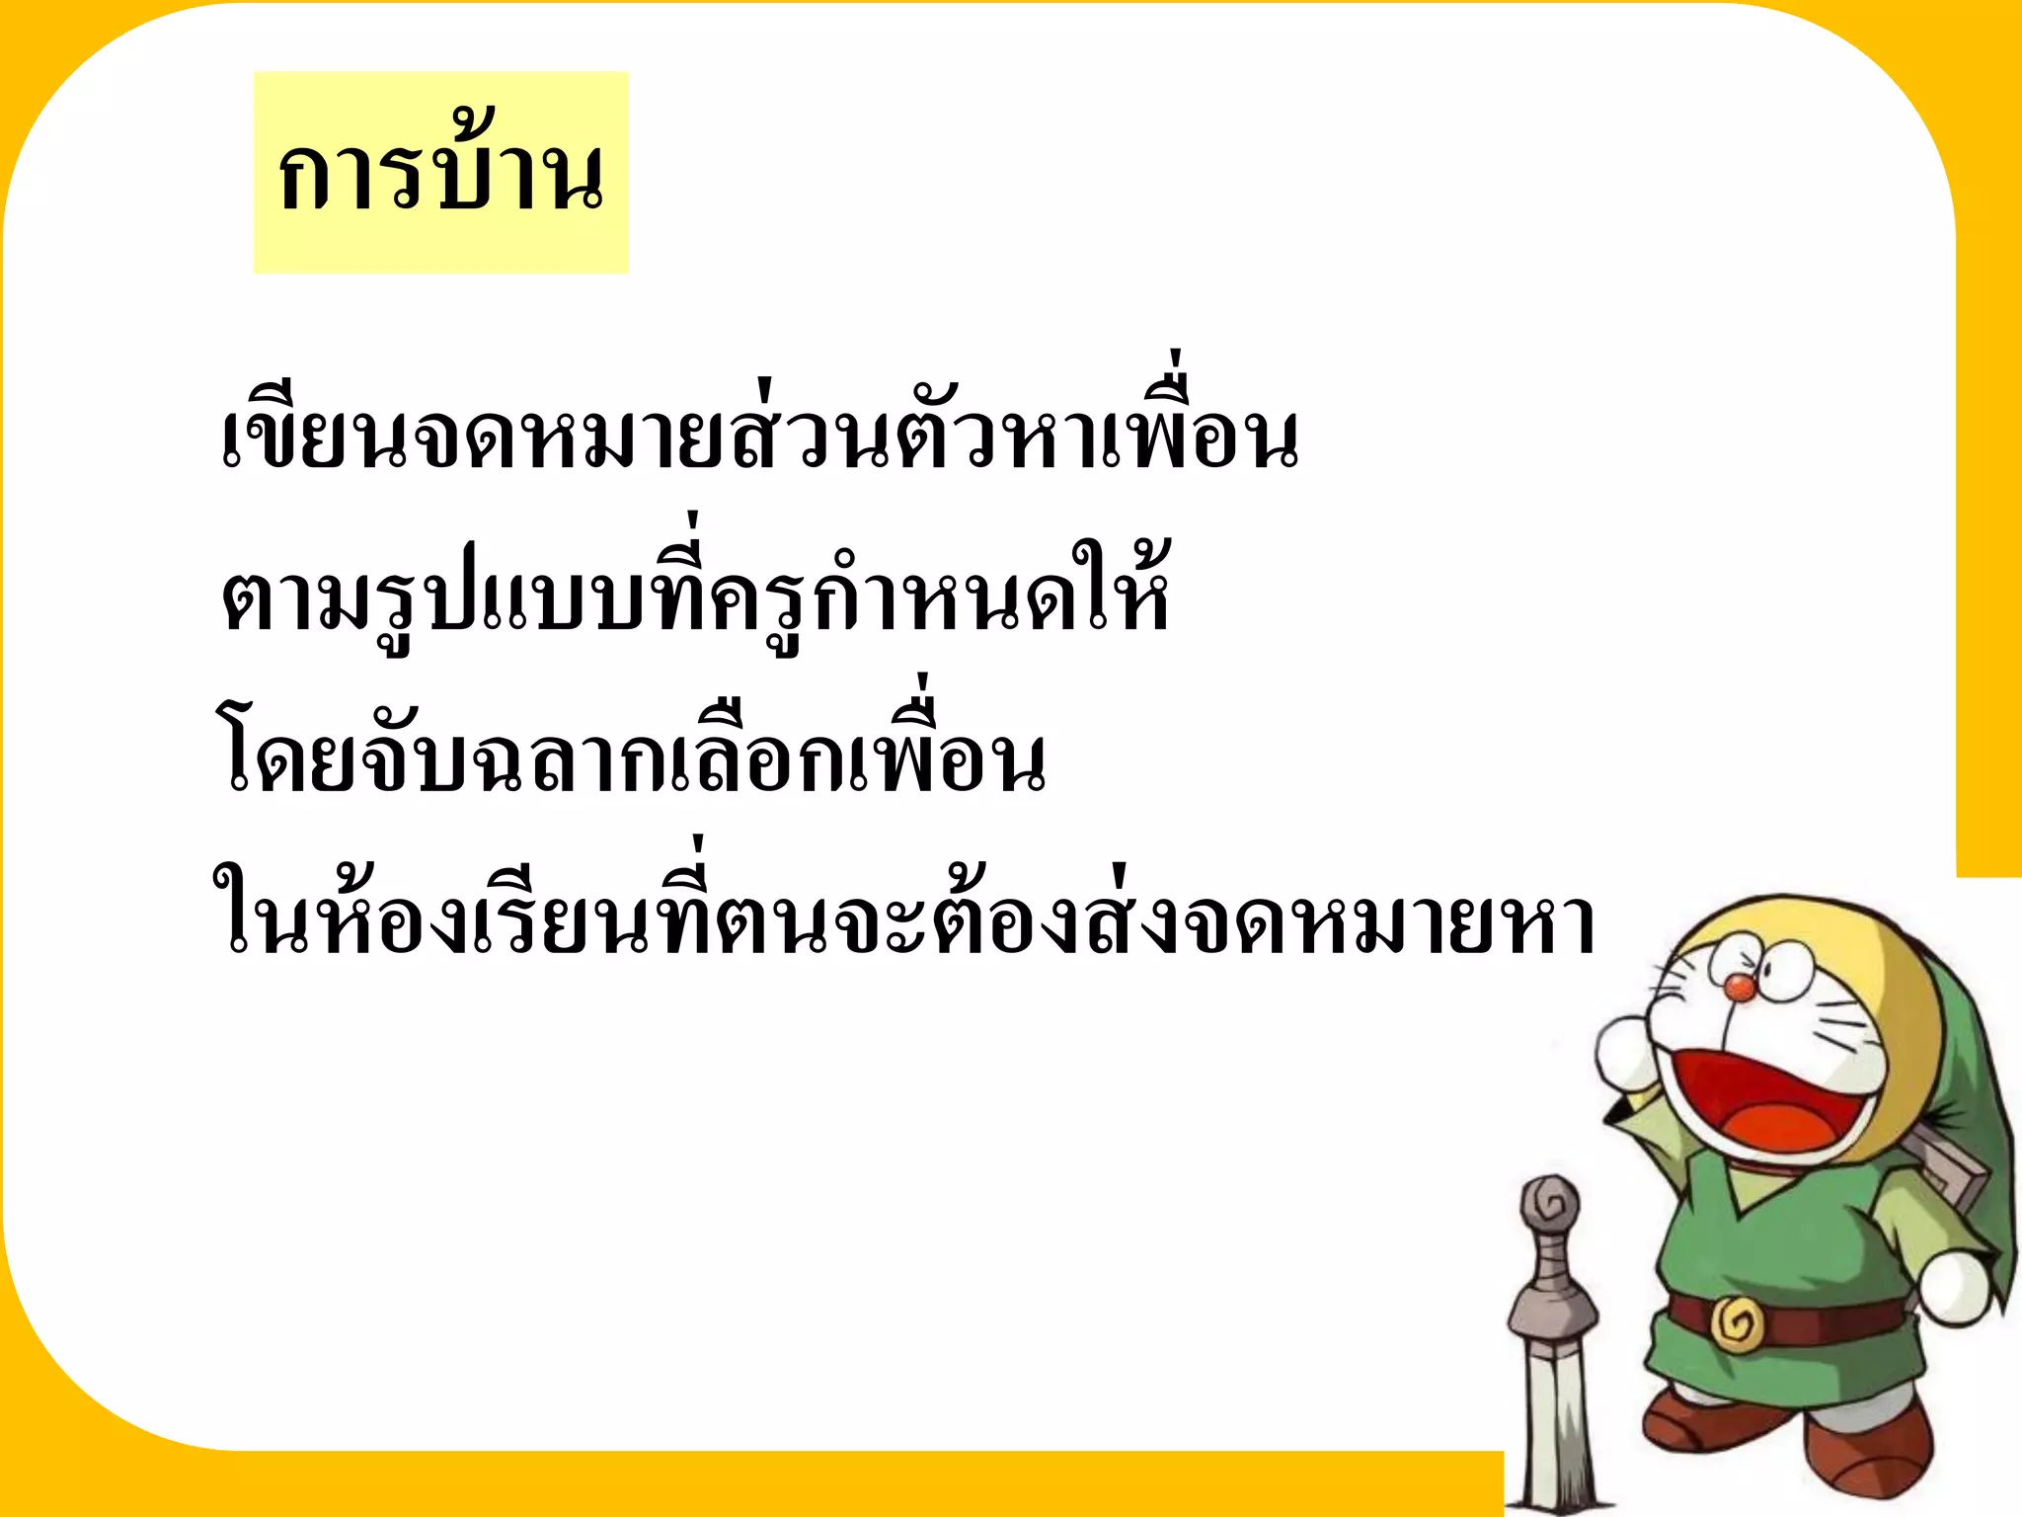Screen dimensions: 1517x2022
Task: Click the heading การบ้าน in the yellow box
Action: coord(440,174)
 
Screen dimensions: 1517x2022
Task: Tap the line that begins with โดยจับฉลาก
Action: coord(632,760)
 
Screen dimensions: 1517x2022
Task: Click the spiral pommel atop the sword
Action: coord(1550,1205)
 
